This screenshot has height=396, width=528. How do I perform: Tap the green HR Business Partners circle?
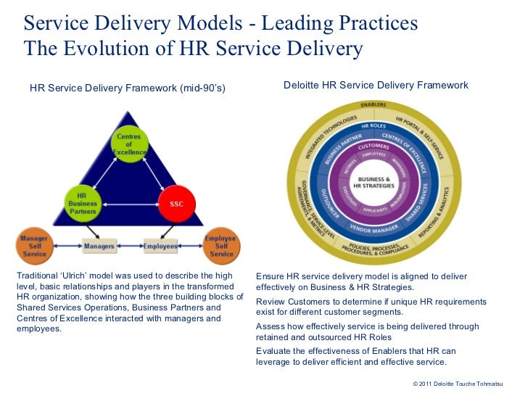click(81, 202)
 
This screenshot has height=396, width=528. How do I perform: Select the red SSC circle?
click(176, 204)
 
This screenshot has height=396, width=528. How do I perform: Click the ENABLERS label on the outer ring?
click(374, 104)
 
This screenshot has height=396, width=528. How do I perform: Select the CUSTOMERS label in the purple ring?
click(374, 146)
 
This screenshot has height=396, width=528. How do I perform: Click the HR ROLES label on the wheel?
click(374, 125)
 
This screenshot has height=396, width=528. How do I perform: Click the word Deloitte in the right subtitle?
click(302, 86)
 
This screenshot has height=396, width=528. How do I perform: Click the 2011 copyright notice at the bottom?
click(461, 382)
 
